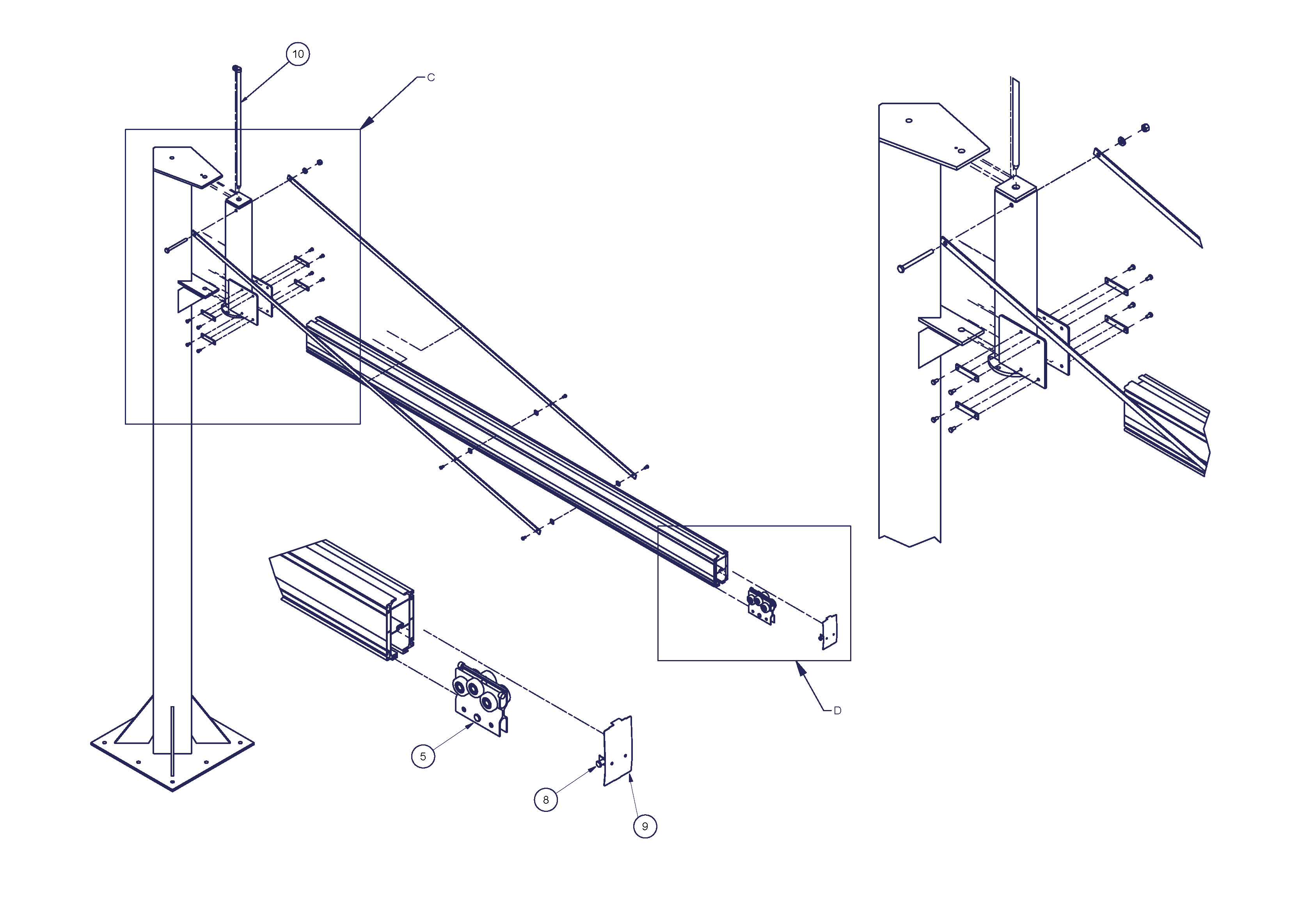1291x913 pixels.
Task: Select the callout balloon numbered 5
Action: pos(423,756)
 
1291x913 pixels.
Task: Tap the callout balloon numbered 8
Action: pos(545,799)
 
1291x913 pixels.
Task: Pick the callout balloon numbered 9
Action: pos(645,826)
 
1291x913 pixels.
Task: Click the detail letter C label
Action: pos(431,77)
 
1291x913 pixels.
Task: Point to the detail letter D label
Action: pos(837,710)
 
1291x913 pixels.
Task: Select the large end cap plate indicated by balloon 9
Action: pos(618,751)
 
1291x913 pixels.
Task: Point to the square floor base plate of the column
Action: pos(172,754)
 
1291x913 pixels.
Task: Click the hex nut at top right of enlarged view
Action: pos(1145,128)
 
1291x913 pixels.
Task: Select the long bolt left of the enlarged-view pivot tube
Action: pos(915,260)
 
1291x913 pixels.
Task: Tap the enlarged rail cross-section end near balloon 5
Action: pos(400,625)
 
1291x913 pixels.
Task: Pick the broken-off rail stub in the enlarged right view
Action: pos(1167,425)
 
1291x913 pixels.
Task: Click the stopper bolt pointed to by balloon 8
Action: pos(599,763)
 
